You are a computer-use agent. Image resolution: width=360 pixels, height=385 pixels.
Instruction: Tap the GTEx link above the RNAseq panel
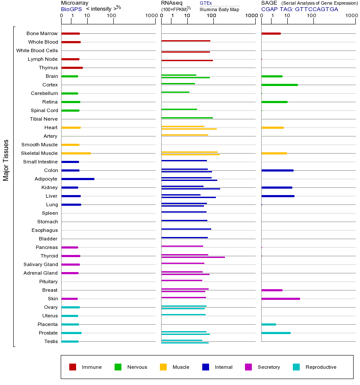[206, 3]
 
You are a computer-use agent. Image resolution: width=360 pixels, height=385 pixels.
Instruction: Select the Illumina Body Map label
[220, 9]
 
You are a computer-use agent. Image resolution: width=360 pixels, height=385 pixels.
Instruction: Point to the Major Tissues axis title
[6, 160]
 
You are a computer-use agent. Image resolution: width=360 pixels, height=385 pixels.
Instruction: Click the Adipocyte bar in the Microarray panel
[78, 179]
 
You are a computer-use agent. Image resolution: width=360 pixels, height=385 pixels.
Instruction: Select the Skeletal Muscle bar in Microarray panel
[76, 153]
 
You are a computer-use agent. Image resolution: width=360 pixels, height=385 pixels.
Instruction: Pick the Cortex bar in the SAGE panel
[280, 85]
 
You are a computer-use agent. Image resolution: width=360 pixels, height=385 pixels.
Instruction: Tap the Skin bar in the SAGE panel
[280, 299]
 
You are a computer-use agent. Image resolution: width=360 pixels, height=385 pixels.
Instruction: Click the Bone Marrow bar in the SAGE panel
[271, 33]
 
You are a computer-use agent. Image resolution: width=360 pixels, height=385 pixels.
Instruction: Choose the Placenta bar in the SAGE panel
[269, 324]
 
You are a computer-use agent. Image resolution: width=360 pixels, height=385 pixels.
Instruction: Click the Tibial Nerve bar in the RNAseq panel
[187, 118]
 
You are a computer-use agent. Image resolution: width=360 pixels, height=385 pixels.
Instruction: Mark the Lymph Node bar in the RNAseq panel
[187, 60]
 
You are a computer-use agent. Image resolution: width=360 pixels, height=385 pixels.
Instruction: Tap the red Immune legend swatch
[73, 367]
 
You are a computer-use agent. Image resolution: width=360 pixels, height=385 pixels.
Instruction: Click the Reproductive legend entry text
[321, 367]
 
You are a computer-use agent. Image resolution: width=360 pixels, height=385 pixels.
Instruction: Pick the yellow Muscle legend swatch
[163, 367]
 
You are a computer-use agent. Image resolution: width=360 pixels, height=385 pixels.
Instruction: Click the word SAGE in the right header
[269, 3]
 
